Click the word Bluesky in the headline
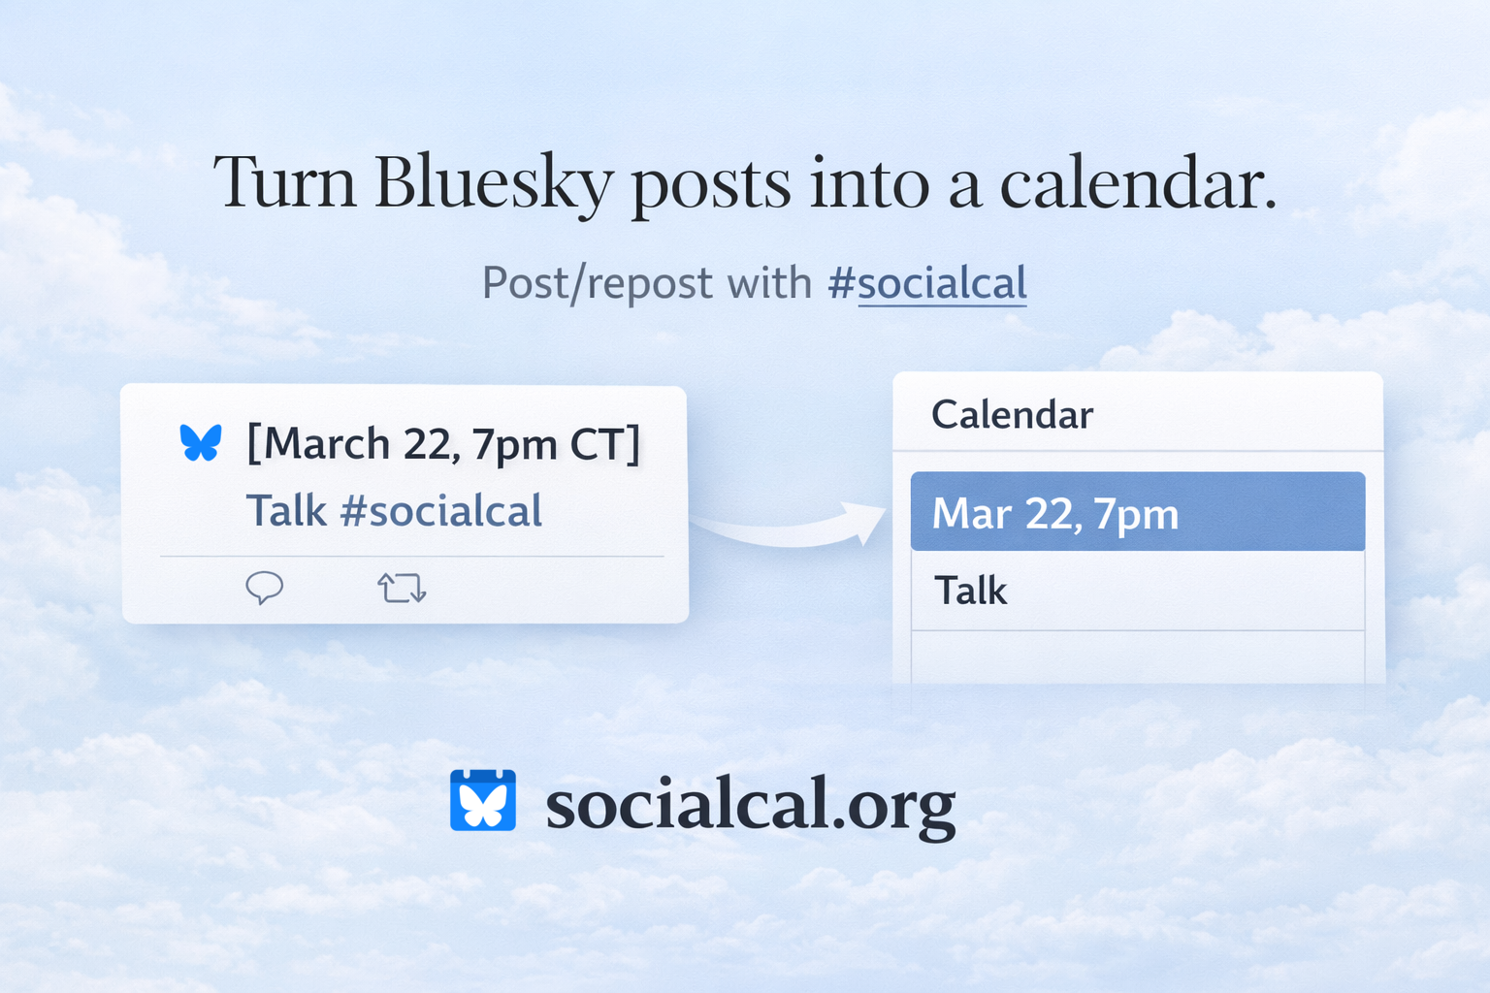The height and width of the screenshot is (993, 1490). tap(493, 183)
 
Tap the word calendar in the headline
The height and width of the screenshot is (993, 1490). tap(1137, 183)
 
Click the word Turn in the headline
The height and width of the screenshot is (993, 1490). tap(284, 183)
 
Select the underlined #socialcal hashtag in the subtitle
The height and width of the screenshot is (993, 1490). tap(927, 284)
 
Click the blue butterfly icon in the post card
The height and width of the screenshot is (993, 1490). tap(201, 443)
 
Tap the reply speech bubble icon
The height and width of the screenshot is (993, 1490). tap(264, 588)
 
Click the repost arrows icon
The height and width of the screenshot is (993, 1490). tap(402, 588)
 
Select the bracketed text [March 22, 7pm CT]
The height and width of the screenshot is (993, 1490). tap(443, 444)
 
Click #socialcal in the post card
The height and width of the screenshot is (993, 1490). tap(440, 511)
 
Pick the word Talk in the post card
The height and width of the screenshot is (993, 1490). tap(286, 511)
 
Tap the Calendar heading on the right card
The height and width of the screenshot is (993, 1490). tap(1012, 415)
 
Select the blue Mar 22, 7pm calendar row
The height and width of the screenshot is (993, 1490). tap(1137, 512)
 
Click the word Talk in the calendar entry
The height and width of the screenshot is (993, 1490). tap(970, 591)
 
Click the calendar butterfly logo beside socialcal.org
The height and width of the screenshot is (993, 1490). tap(483, 801)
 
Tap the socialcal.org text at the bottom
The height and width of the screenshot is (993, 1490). tap(750, 805)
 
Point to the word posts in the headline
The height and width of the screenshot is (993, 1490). tap(710, 183)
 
